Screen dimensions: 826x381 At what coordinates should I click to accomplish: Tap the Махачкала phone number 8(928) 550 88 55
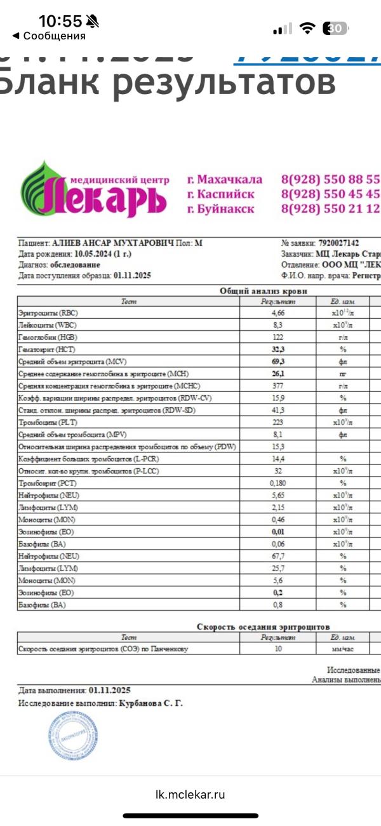(x=330, y=179)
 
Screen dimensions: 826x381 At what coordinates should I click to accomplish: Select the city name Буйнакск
(x=220, y=209)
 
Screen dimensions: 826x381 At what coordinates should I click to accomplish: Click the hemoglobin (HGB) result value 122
(x=277, y=337)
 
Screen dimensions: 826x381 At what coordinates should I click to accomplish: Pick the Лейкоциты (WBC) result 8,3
(x=277, y=325)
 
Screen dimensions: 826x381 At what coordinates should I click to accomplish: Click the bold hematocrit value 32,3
(x=277, y=349)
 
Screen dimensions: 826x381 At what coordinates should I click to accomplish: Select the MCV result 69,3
(x=277, y=362)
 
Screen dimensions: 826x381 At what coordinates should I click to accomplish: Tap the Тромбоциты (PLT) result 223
(x=277, y=423)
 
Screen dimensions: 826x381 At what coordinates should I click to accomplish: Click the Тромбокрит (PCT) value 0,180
(x=277, y=484)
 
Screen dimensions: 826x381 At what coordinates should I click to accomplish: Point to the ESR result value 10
(x=277, y=649)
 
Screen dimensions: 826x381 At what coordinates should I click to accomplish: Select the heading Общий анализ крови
(x=264, y=290)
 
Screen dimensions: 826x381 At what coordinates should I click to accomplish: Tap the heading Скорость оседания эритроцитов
(x=264, y=626)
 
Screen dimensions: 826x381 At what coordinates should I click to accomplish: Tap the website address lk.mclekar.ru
(x=190, y=794)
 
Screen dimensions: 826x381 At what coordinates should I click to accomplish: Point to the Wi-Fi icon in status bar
(x=308, y=28)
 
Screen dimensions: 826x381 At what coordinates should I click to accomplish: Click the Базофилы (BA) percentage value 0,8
(x=277, y=605)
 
